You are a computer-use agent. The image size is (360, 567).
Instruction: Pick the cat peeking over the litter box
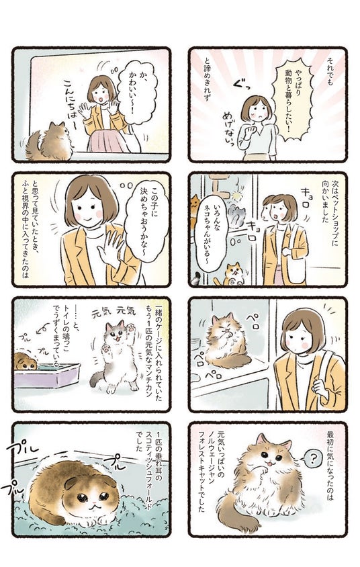click(25, 361)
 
